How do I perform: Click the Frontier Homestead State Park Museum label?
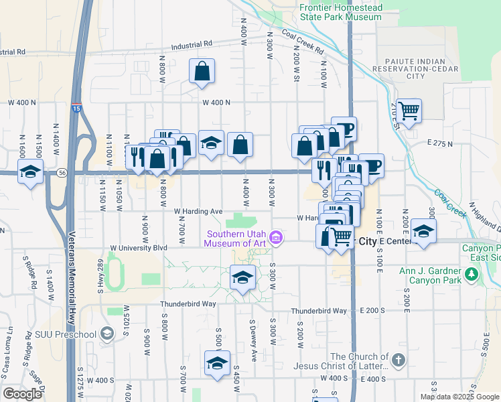click(341, 12)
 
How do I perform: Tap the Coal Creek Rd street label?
click(302, 42)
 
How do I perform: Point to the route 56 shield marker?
click(62, 172)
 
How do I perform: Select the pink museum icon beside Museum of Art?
click(275, 238)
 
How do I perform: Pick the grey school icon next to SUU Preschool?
click(106, 333)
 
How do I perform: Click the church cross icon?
click(398, 361)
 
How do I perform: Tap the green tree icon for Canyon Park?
click(472, 274)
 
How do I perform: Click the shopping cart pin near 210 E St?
click(409, 109)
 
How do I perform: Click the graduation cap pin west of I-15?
click(30, 172)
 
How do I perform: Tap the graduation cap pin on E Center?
click(423, 232)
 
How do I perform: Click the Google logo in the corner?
click(23, 393)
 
